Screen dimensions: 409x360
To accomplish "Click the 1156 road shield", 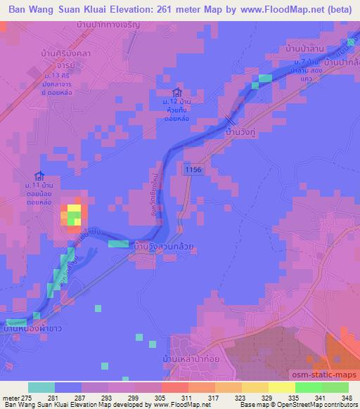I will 193,169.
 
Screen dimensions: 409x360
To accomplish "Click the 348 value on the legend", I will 347,398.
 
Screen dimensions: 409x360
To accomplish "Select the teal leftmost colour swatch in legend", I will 41,387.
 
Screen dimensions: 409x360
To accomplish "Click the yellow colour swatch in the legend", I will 281,387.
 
